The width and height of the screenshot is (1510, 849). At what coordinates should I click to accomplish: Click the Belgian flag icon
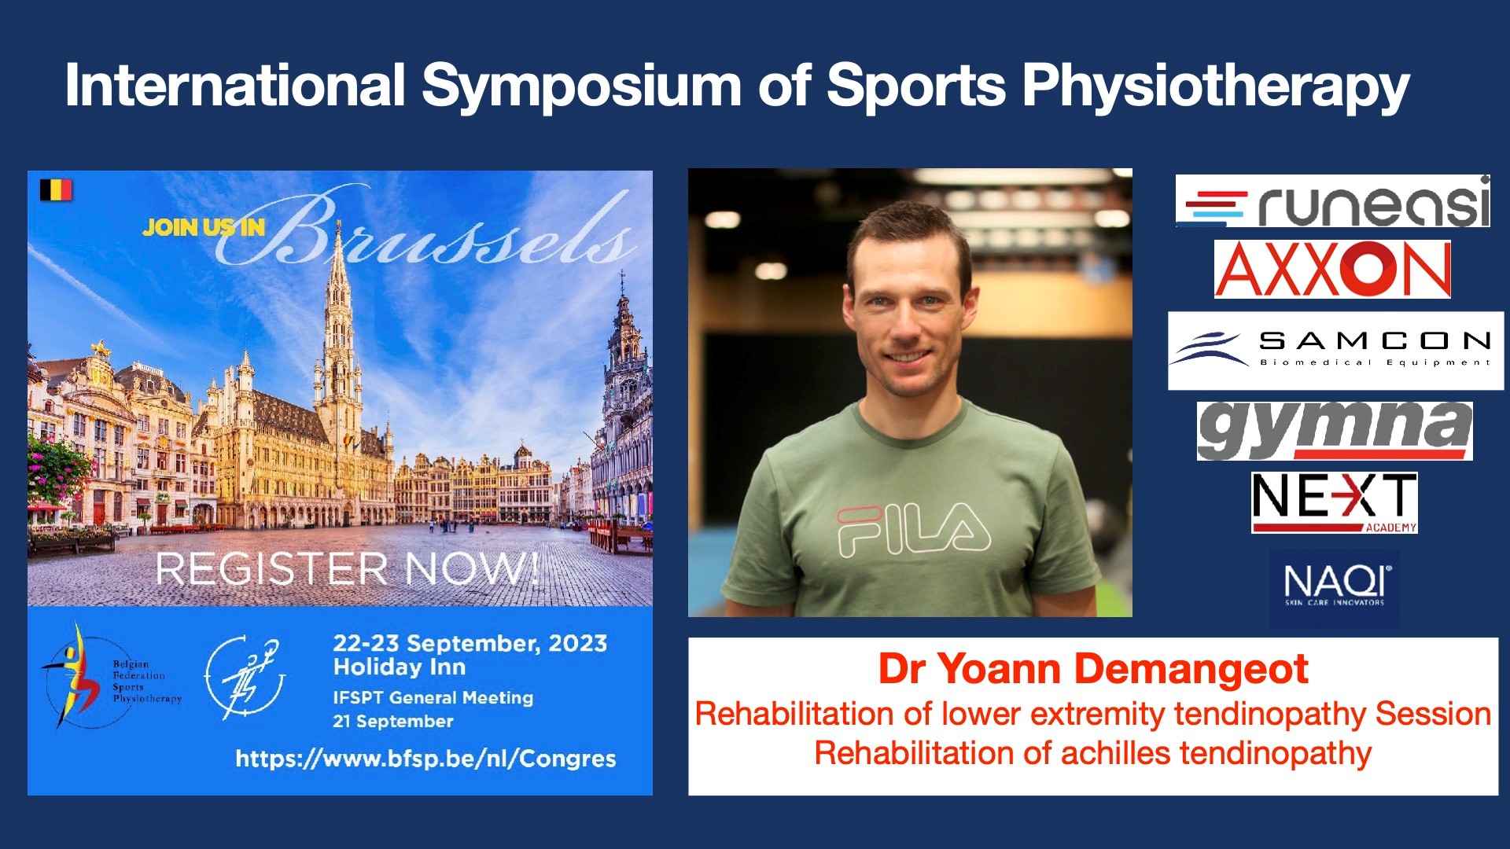click(56, 189)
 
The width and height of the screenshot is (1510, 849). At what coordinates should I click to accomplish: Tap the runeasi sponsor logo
click(1333, 201)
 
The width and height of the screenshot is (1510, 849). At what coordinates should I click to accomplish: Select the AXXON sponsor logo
click(1332, 269)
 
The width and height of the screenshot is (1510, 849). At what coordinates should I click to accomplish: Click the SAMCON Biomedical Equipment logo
click(1335, 351)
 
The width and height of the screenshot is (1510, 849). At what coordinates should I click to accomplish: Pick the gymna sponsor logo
click(1335, 431)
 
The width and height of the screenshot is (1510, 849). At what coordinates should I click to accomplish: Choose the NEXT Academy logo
click(1335, 502)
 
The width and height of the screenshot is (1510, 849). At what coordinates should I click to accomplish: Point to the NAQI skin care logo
click(1335, 588)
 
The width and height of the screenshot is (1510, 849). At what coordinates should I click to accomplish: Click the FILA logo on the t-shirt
click(913, 531)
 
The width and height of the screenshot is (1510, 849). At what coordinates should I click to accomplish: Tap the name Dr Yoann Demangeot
click(1093, 669)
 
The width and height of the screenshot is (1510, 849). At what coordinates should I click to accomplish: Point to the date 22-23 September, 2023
click(470, 643)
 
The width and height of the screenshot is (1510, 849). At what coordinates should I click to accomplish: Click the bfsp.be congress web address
click(425, 759)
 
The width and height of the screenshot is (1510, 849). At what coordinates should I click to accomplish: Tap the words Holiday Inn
click(400, 667)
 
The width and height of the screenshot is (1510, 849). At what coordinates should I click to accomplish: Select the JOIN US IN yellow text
click(204, 227)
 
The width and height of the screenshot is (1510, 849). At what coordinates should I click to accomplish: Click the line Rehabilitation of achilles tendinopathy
click(1093, 753)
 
